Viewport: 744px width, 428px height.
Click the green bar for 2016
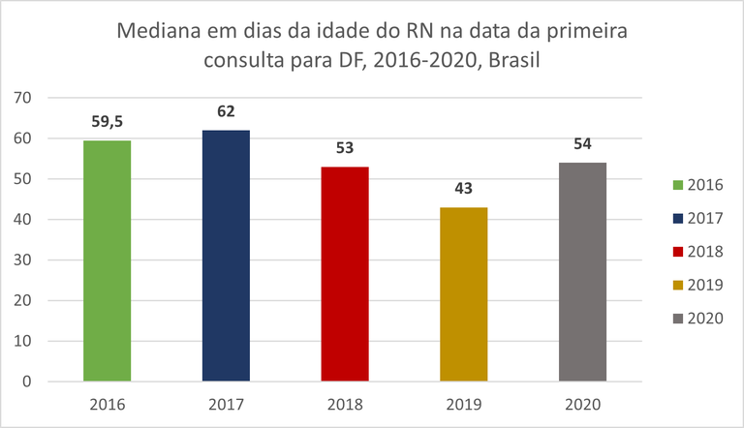[107, 261]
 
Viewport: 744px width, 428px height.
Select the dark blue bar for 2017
[226, 256]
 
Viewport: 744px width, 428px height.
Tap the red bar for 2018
[345, 274]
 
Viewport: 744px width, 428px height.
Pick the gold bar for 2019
[464, 294]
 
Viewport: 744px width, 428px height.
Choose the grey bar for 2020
[583, 272]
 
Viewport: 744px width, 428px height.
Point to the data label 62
[226, 111]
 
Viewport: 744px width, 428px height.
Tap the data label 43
[464, 188]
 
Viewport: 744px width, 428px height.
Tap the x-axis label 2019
[464, 405]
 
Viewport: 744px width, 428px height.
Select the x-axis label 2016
[107, 405]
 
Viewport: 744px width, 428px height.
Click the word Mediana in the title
[159, 31]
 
